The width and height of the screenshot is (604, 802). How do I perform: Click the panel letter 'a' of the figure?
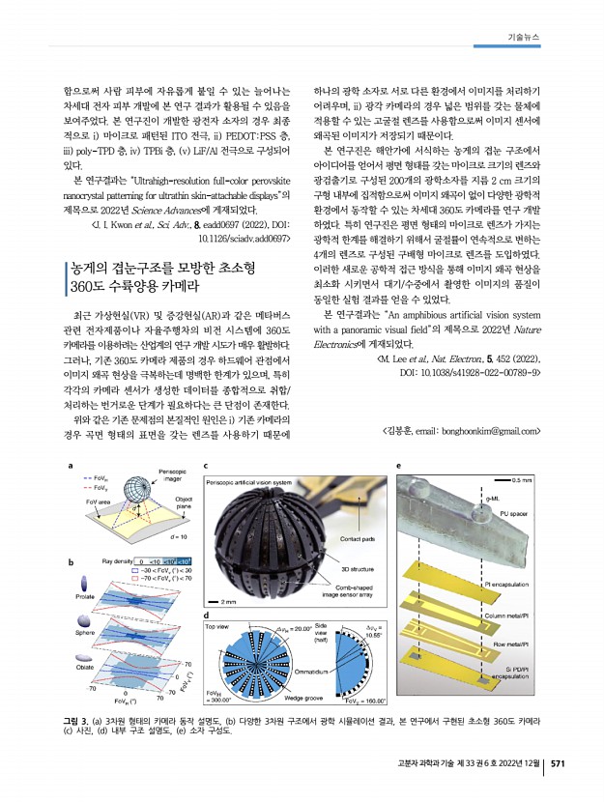[70, 467]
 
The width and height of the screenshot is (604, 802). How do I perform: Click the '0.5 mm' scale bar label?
[525, 480]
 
